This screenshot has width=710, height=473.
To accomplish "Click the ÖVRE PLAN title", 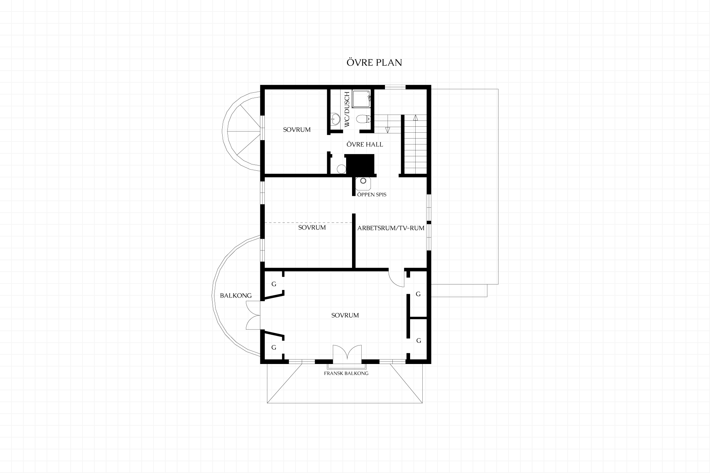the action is [x=374, y=62].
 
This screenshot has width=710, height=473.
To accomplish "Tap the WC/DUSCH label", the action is [x=347, y=109].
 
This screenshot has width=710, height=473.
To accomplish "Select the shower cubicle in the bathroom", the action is [x=362, y=99].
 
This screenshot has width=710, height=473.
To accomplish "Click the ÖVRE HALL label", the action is [x=365, y=144].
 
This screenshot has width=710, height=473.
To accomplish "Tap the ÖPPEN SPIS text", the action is [x=372, y=194].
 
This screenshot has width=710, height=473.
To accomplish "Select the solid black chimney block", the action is [x=360, y=164].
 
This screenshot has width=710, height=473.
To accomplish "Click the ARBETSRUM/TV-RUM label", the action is [x=391, y=228].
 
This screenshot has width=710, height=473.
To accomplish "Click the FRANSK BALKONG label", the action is [x=346, y=373].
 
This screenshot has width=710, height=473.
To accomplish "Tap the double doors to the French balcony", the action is [x=347, y=353].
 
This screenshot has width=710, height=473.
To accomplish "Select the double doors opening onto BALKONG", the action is [x=253, y=315].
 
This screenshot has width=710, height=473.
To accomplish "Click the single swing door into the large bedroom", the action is [x=396, y=279].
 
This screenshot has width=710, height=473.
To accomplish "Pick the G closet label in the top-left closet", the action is [x=274, y=284].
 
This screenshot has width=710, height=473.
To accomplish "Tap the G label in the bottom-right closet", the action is [x=419, y=341].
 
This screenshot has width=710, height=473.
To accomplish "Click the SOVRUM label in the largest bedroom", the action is [x=345, y=316].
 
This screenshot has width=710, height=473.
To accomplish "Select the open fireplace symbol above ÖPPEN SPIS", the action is [x=363, y=181].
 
